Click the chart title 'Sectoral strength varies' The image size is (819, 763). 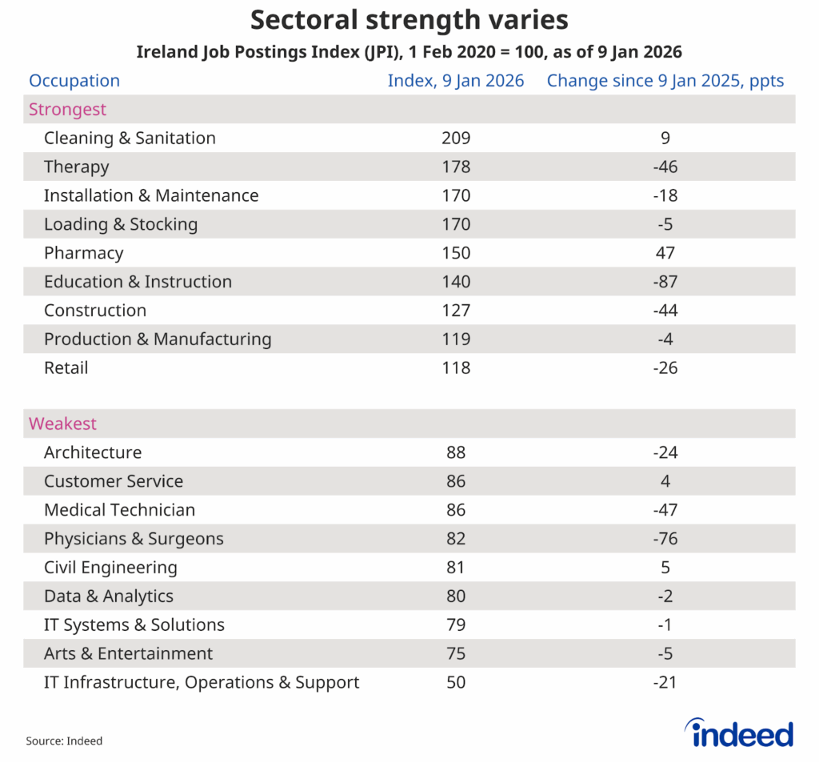point(409,19)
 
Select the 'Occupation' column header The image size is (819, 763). point(74,81)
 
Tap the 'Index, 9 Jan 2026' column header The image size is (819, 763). point(456,81)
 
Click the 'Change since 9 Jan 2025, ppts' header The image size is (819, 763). point(665,81)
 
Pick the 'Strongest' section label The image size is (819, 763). point(67,110)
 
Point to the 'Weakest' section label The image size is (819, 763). point(62,424)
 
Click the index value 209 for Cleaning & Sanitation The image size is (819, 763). point(456,139)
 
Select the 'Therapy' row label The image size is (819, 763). point(76,167)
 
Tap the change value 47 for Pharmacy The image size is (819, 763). point(665,254)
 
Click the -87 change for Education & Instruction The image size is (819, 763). point(665,282)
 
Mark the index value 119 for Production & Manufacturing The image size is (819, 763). point(456,339)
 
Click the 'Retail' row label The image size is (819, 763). point(66,368)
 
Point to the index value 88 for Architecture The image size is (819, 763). point(456,452)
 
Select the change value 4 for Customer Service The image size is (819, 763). point(665,481)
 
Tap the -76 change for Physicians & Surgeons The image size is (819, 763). point(665,539)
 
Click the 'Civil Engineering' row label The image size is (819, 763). point(110,568)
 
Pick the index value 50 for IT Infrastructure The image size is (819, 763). point(456,683)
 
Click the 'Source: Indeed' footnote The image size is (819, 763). point(64,741)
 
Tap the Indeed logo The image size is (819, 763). point(739,733)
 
